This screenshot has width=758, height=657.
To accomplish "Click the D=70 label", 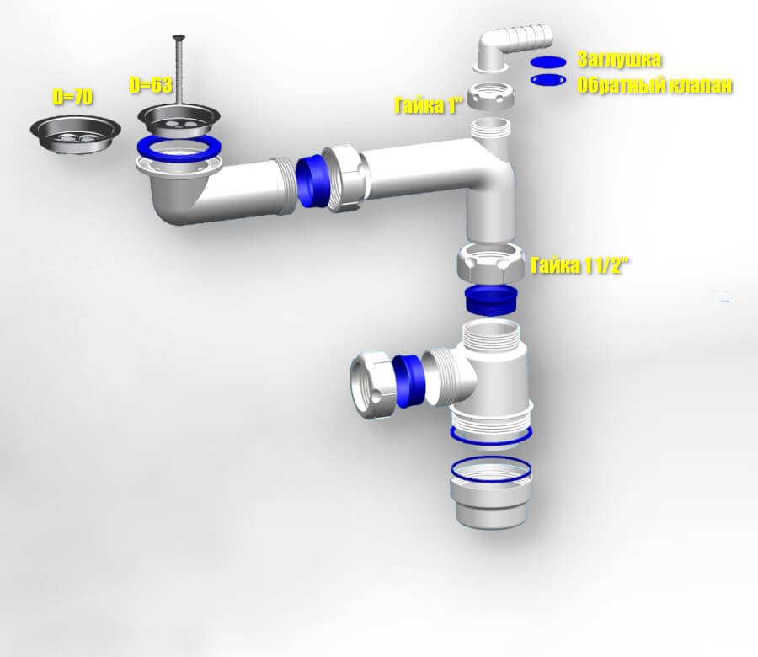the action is click(72, 97).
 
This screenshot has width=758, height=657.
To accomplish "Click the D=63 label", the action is click(151, 85).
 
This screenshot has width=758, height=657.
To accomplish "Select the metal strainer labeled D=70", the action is click(75, 134).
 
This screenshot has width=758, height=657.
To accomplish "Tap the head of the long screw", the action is click(179, 37).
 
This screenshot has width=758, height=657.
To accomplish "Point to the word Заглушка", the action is click(619, 60).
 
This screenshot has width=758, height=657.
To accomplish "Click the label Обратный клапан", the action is click(654, 86).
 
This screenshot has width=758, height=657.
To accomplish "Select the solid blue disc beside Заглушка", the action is click(547, 61).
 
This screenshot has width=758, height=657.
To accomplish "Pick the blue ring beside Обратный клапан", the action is click(547, 80).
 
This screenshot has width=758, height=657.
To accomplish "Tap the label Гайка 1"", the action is click(429, 105).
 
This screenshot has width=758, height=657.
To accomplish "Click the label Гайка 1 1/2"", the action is click(580, 265).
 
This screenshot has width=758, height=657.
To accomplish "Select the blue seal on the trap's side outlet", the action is click(409, 381).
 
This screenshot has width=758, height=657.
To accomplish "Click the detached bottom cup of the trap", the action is click(491, 493).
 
